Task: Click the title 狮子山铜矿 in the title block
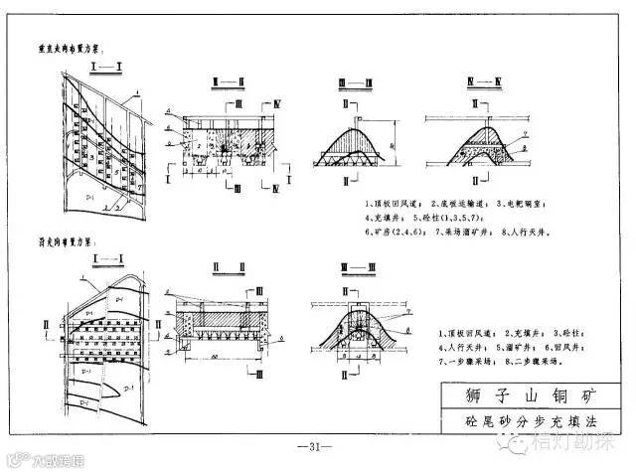[x=518, y=392]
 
